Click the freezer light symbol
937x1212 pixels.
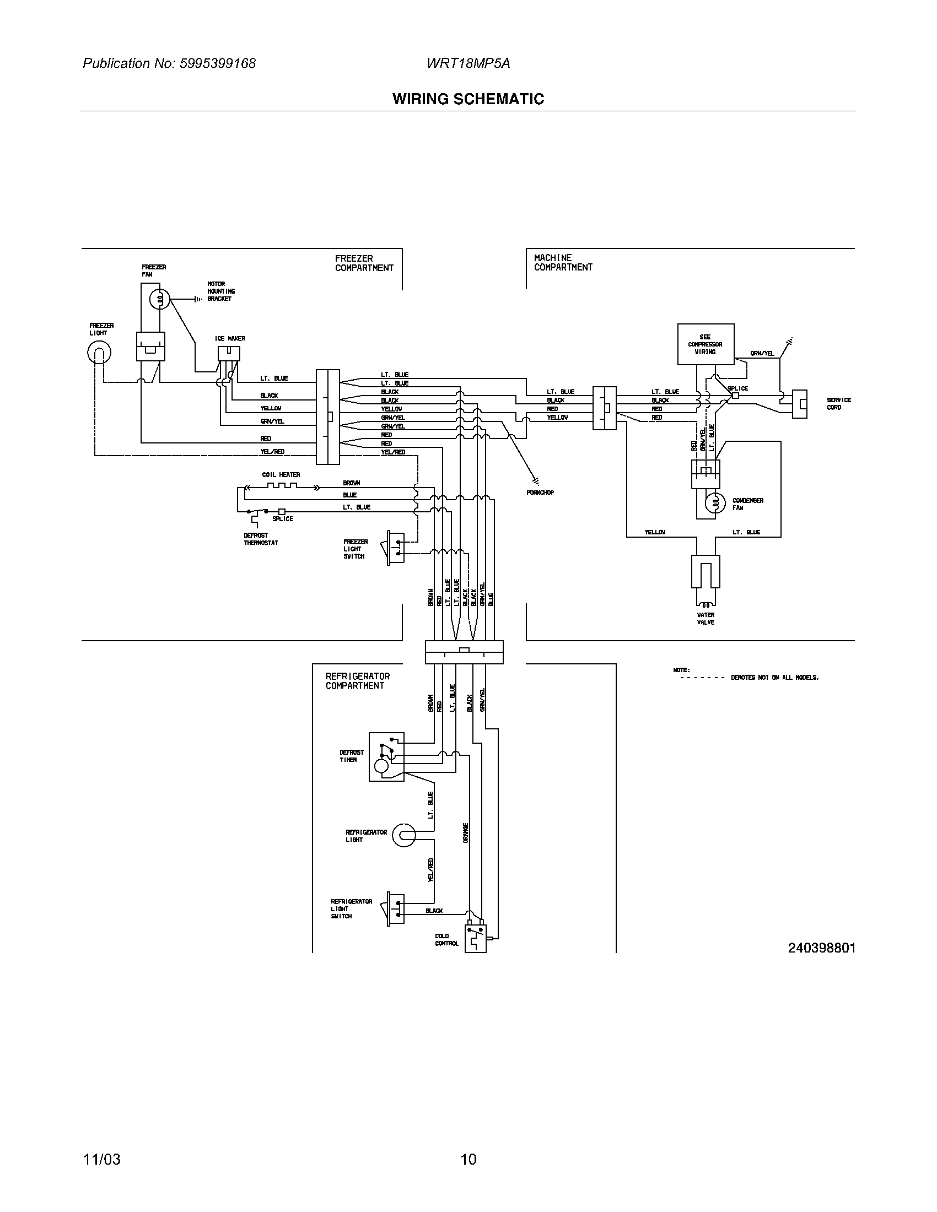[x=99, y=353]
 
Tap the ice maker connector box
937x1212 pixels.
[x=229, y=354]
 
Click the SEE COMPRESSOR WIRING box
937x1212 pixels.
[x=706, y=345]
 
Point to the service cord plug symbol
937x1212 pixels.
[x=799, y=403]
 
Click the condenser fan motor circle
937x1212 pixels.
[x=715, y=504]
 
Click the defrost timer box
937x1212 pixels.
[x=386, y=757]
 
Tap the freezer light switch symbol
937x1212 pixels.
[x=395, y=548]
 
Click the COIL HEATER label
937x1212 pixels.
[x=281, y=475]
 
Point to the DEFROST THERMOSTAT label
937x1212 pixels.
[x=261, y=539]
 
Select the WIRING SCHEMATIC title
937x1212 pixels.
[x=468, y=99]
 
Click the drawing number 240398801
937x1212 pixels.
[x=822, y=948]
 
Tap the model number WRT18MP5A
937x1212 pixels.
[x=468, y=63]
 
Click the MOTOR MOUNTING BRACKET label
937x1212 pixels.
[x=221, y=291]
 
